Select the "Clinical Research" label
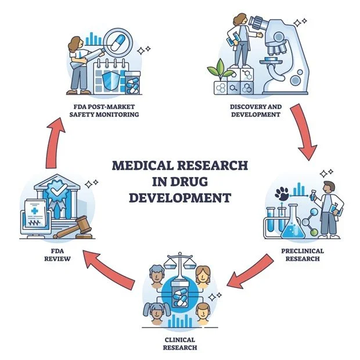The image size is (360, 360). click(x=179, y=343)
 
